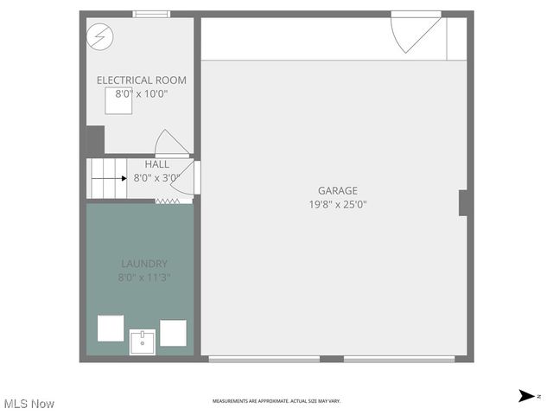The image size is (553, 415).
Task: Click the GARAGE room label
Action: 337,191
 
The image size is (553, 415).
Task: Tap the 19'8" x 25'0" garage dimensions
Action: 337,205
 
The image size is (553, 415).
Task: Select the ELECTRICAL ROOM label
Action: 141,80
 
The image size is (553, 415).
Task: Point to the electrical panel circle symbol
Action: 99,35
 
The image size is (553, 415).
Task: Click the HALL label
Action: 156,164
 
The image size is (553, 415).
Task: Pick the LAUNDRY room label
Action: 144,264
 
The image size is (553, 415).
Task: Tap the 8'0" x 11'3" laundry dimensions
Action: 144,278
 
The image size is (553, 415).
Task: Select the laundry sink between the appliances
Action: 143,342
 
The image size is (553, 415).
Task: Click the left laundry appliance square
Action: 111,329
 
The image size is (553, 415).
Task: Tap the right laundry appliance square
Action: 173,333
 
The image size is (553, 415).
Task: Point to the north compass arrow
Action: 526,396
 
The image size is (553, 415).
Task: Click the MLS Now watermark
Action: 29,404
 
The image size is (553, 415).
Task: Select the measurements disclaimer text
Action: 276,401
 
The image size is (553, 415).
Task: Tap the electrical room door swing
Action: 169,144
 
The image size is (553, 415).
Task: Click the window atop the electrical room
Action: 151,14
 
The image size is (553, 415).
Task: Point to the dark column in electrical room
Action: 95,140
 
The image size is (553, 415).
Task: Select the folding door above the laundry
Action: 167,201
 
